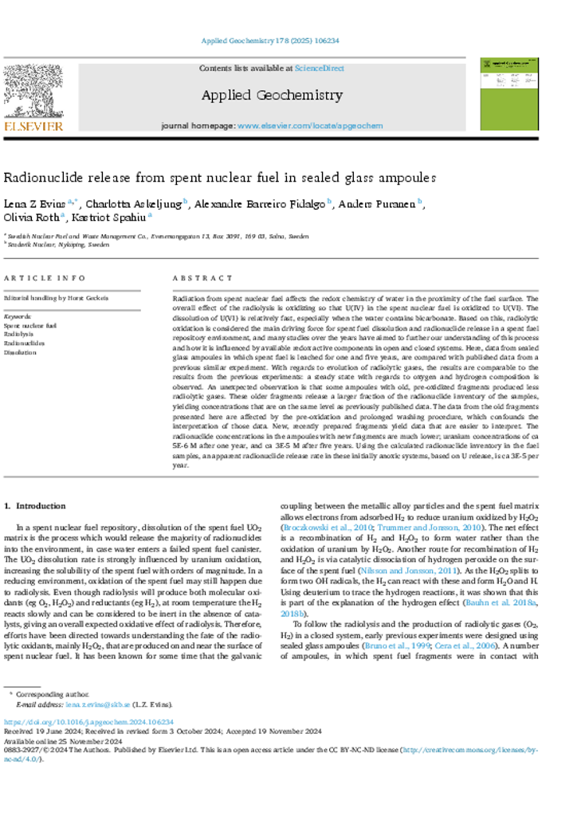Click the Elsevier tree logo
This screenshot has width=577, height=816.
pyautogui.click(x=33, y=92)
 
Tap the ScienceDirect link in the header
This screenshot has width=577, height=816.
pyautogui.click(x=319, y=69)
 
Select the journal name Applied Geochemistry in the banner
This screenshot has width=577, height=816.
pyautogui.click(x=271, y=96)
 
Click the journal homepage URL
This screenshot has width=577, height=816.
pyautogui.click(x=310, y=126)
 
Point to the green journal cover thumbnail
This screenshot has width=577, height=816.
pyautogui.click(x=508, y=93)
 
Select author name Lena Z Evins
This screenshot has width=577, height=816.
pyautogui.click(x=34, y=203)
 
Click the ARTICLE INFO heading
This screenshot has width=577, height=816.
pyautogui.click(x=45, y=278)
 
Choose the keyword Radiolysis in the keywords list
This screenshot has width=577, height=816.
pyautogui.click(x=18, y=335)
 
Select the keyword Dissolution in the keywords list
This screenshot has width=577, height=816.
pyautogui.click(x=20, y=351)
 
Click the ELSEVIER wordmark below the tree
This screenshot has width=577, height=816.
pyautogui.click(x=33, y=126)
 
